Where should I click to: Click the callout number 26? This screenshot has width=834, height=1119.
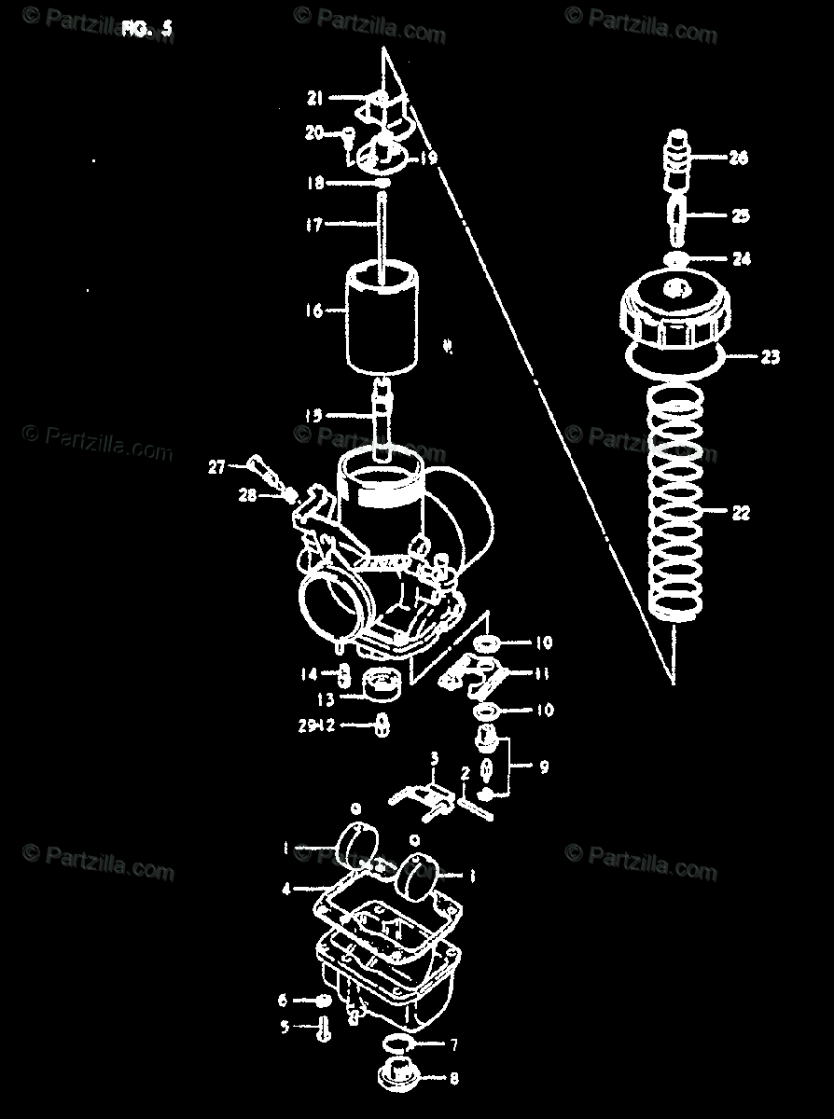click(738, 159)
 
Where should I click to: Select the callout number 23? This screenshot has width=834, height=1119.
click(770, 356)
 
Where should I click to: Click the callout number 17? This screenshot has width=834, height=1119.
click(313, 225)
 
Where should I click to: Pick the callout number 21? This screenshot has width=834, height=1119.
click(314, 97)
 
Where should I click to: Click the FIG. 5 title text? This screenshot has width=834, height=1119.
click(146, 28)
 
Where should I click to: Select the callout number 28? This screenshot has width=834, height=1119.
click(246, 496)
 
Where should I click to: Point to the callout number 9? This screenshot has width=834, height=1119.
click(543, 767)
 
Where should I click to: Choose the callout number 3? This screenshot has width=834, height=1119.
click(432, 760)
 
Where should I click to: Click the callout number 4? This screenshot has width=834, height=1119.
click(286, 890)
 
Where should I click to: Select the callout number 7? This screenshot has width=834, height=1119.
click(453, 1045)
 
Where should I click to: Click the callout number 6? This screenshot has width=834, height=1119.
click(284, 1001)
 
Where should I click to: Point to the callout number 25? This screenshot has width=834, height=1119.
click(740, 216)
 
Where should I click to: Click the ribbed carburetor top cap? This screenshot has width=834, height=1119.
click(670, 312)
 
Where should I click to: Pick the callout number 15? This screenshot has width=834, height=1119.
click(314, 415)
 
